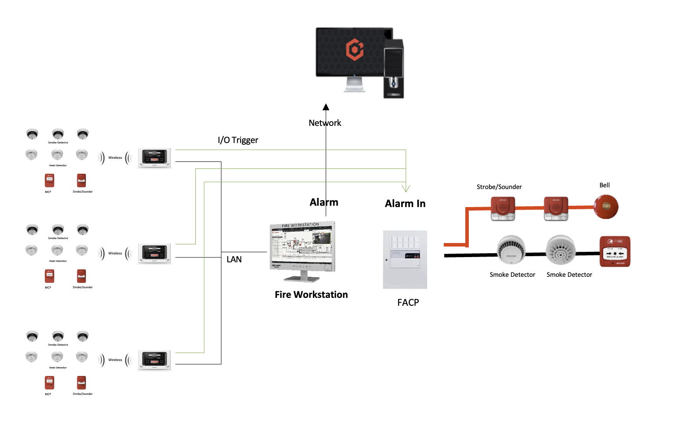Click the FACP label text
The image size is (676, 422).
(x=408, y=302)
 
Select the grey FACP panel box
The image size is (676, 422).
(x=405, y=259)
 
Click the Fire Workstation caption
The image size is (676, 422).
(x=311, y=295)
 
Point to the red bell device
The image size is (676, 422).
(x=606, y=207)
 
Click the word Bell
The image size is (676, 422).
(x=604, y=185)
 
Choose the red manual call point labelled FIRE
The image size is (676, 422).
(x=615, y=251)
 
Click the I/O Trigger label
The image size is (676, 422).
(x=238, y=140)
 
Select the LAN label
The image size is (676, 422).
(x=234, y=259)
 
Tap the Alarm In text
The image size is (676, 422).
(x=405, y=204)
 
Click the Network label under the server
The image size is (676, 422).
(x=325, y=123)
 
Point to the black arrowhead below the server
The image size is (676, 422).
(x=326, y=107)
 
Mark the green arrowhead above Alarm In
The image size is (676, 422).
(x=406, y=189)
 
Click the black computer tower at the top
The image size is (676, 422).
(x=393, y=68)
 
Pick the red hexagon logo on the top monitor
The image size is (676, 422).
(x=355, y=49)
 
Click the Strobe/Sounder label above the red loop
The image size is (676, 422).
(x=499, y=187)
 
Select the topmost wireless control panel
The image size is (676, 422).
(x=155, y=157)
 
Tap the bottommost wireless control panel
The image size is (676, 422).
(x=155, y=360)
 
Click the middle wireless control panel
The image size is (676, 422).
(x=155, y=253)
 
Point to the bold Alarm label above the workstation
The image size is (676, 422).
(x=324, y=202)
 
